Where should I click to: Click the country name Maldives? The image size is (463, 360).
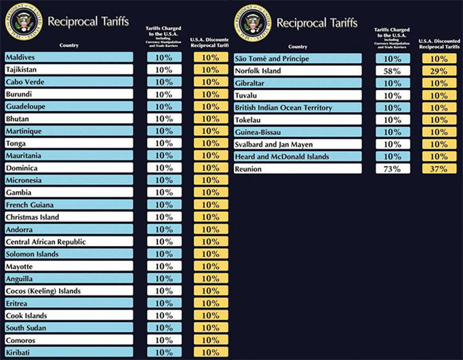coord(20,57)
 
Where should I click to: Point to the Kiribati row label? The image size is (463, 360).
coord(19,352)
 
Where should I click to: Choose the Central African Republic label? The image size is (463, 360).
coord(45,242)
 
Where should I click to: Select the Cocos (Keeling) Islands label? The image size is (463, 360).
coord(43,291)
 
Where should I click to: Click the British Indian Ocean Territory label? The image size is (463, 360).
coord(283,108)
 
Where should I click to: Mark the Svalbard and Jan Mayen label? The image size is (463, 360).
coord(274,145)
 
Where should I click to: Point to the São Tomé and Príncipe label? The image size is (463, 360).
coord(272,59)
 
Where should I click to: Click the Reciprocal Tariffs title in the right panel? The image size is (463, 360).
coord(317,23)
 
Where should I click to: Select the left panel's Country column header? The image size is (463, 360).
coord(69,45)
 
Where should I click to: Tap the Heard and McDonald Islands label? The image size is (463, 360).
coord(282,157)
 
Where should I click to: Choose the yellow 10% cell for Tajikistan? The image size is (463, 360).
coord(211,69)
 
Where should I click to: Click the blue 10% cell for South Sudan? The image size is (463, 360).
coord(164,328)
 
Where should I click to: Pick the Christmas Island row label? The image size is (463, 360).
coord(32,217)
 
